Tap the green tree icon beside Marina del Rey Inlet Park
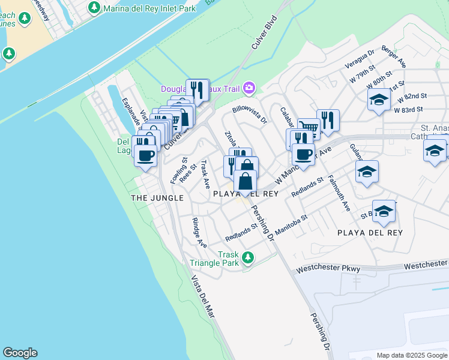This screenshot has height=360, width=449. pyautogui.click(x=94, y=7)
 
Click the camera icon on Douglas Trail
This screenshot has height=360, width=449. pyautogui.click(x=249, y=89)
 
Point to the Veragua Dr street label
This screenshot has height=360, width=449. pyautogui.click(x=360, y=59)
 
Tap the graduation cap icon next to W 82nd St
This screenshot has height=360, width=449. pyautogui.click(x=379, y=100)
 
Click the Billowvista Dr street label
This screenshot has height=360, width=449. pyautogui.click(x=249, y=115)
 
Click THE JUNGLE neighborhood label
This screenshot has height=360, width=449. pyautogui.click(x=157, y=197)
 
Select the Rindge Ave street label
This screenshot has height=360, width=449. pyautogui.click(x=199, y=233)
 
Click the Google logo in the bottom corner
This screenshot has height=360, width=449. pyautogui.click(x=20, y=353)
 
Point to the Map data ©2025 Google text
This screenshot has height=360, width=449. pyautogui.click(x=411, y=355)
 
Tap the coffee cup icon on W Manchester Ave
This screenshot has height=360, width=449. pyautogui.click(x=304, y=154)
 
